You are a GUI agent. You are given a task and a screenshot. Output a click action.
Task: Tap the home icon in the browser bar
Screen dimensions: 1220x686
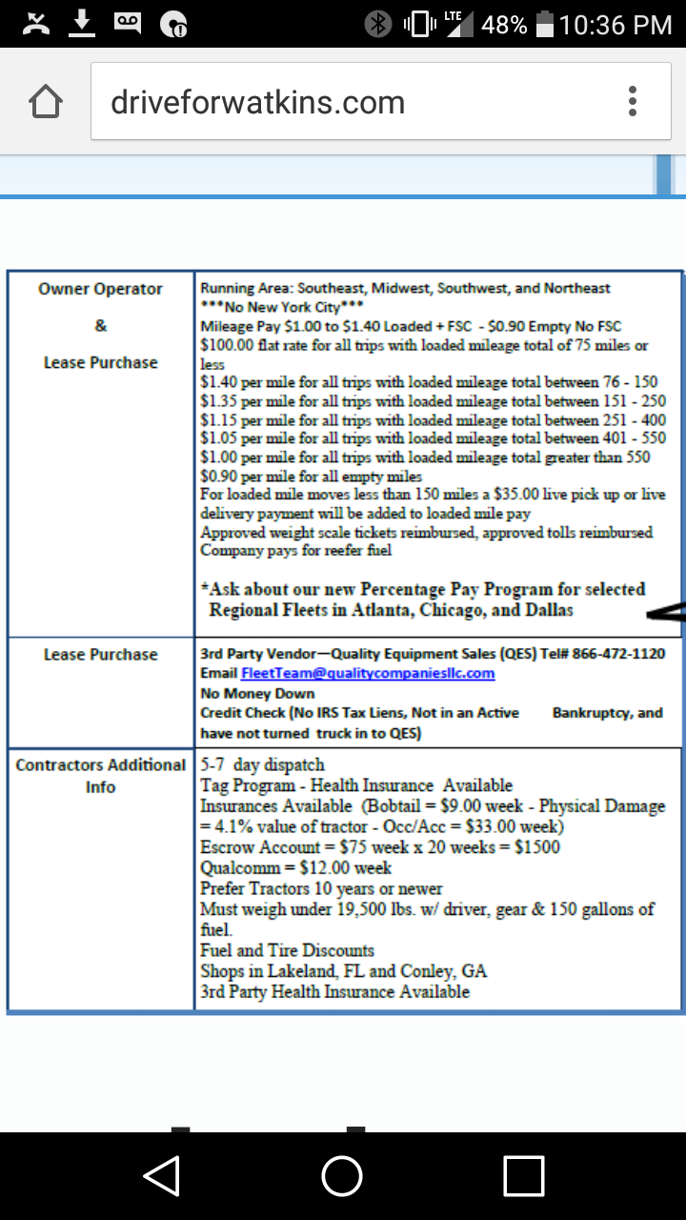click(47, 102)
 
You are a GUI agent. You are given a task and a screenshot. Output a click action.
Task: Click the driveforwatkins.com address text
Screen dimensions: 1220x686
click(257, 102)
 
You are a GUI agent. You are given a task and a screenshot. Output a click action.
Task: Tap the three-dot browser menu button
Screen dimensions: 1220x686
click(633, 101)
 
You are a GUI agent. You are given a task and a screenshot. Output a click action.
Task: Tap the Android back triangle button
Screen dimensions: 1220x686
click(162, 1175)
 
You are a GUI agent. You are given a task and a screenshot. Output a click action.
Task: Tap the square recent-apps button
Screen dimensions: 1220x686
click(523, 1175)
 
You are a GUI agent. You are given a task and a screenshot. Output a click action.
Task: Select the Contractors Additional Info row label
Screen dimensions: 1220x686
click(101, 775)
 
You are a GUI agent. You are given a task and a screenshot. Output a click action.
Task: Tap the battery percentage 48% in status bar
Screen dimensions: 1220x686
click(504, 25)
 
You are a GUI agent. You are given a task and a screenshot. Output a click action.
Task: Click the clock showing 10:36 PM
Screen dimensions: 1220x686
click(615, 25)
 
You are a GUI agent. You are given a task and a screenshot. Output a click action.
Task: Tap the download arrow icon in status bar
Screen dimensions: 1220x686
click(83, 23)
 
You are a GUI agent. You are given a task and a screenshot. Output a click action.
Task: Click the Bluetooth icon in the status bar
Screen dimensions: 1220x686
click(378, 25)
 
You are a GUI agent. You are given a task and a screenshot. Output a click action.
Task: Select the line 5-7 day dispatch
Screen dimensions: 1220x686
click(263, 764)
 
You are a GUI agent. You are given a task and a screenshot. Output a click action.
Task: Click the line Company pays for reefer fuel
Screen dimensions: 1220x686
click(295, 550)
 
